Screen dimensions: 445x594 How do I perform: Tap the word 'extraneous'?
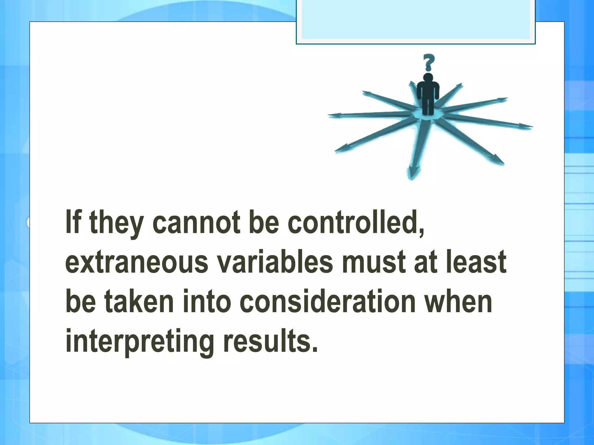(x=137, y=262)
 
